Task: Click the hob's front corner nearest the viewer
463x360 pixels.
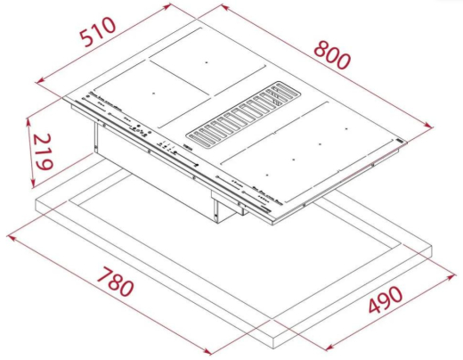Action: [268, 217]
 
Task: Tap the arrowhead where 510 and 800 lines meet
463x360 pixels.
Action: [218, 5]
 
